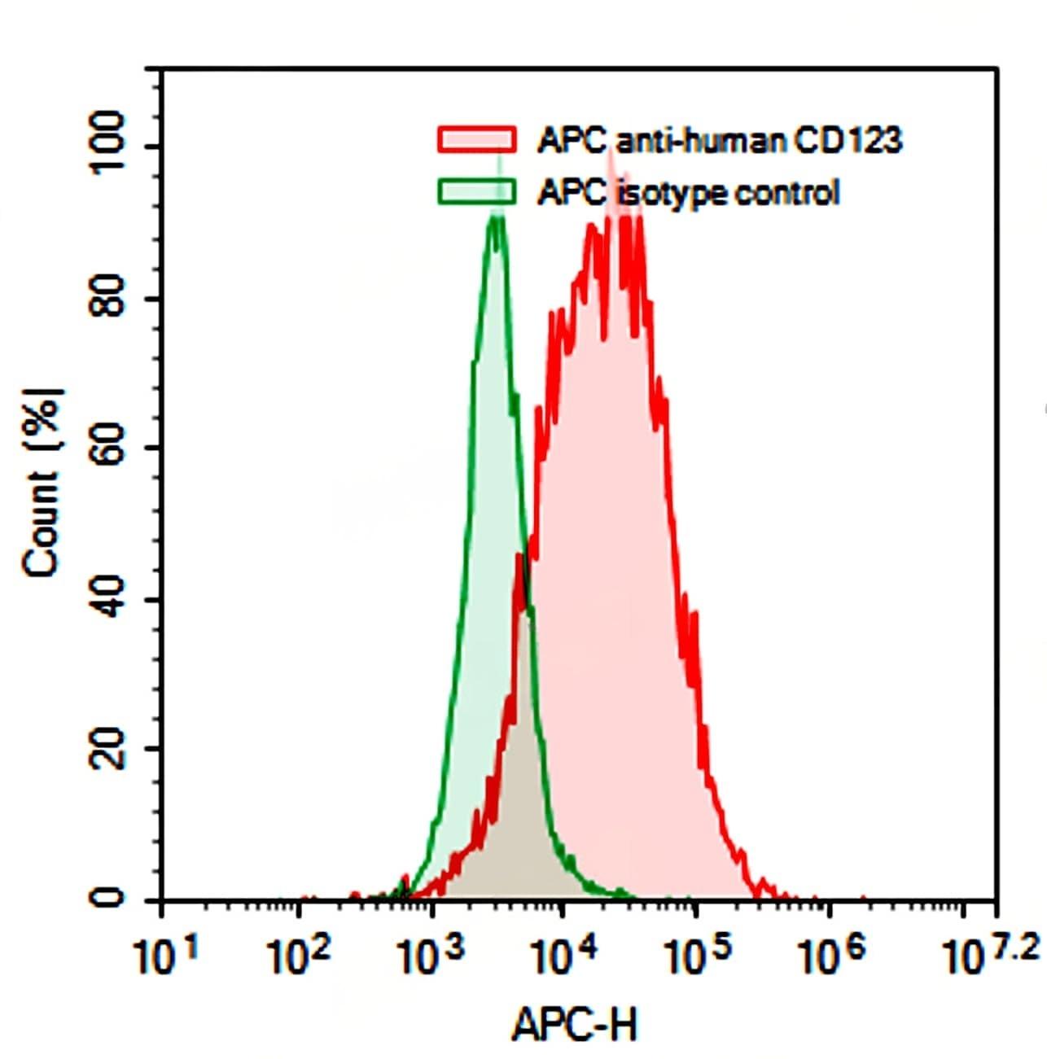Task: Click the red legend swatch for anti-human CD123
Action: coord(477,139)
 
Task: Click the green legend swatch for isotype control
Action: coord(477,191)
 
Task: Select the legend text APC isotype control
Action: coord(688,193)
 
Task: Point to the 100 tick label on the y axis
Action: coord(109,146)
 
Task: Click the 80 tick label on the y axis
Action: coord(109,298)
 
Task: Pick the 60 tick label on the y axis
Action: coord(109,449)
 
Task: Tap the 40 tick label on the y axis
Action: coord(109,600)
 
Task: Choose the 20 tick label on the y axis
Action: coord(109,749)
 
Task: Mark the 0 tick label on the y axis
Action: coord(109,899)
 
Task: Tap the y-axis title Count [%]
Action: coord(42,482)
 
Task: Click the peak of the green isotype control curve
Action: coord(497,218)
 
